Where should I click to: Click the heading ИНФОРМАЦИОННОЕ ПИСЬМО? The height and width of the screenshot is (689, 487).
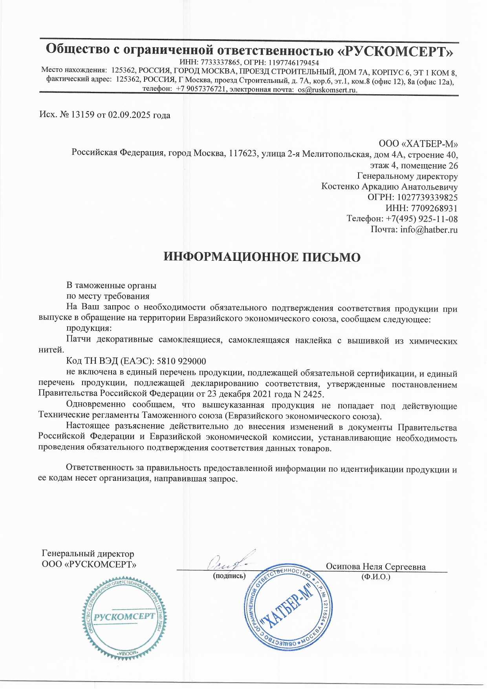[262, 257]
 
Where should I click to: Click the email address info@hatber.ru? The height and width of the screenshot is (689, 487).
[429, 229]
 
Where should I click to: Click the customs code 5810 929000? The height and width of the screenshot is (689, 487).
[181, 361]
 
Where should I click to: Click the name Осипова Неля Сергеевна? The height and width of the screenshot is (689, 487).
[375, 566]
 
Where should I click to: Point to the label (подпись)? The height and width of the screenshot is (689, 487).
[229, 576]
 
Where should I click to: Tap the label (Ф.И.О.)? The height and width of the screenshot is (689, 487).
[375, 577]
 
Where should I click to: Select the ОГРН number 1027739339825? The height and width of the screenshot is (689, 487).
[427, 197]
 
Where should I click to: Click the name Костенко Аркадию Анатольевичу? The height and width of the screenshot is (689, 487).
[389, 187]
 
